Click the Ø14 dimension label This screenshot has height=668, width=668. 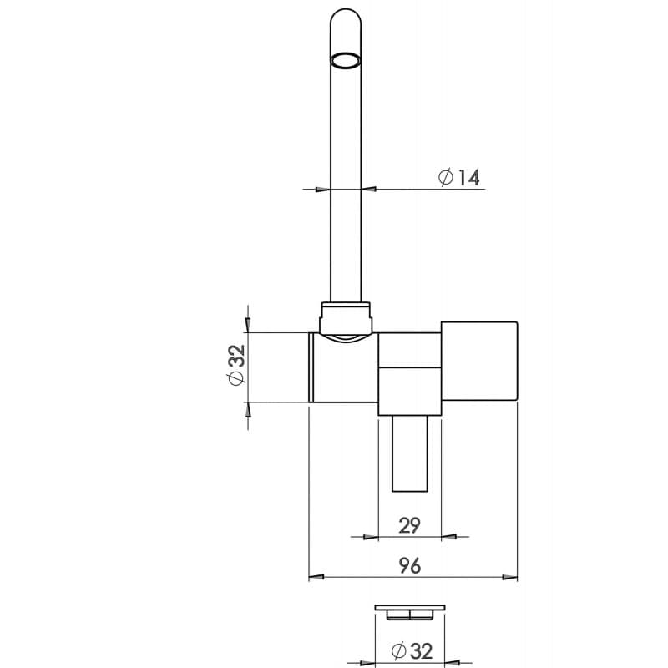(458, 177)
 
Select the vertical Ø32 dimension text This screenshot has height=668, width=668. (236, 365)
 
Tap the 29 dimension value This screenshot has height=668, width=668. (409, 525)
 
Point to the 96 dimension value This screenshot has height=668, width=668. (410, 565)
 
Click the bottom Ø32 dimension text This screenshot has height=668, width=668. (412, 650)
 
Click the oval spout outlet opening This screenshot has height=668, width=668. (346, 60)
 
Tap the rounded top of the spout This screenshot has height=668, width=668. (346, 17)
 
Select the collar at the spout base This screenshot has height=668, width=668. (346, 318)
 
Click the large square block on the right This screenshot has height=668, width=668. (479, 362)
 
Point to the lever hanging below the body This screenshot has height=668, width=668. (410, 453)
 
